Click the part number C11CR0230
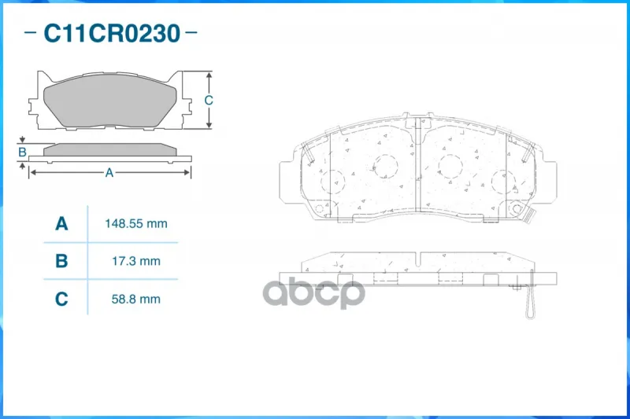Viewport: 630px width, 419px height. point(112,33)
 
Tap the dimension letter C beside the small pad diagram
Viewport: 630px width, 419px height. point(208,100)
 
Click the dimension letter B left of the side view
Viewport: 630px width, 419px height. point(23,152)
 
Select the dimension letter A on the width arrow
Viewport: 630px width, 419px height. point(109,172)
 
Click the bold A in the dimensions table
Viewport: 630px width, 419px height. point(61,223)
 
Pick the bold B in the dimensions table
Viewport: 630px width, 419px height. point(61,261)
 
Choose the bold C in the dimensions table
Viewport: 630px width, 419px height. point(61,299)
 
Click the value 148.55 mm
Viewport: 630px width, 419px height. point(135,224)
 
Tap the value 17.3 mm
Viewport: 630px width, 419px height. point(135,261)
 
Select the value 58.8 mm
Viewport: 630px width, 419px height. point(135,299)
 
